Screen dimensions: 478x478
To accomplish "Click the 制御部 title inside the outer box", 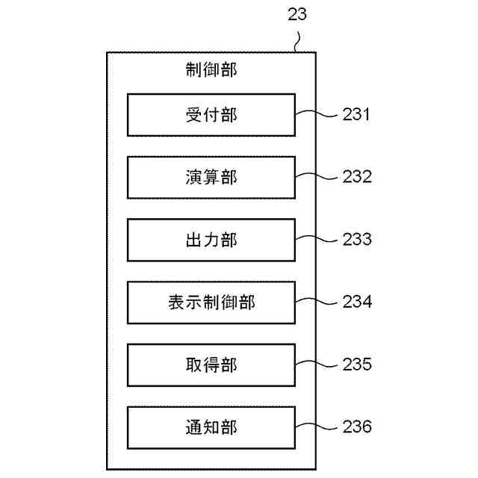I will tap(211, 71).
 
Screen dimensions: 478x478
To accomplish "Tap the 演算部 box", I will tap(211, 177).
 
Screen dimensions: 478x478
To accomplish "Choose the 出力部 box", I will tap(211, 240).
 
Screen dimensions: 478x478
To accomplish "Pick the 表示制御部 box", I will tap(211, 302).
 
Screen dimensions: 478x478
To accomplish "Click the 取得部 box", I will tap(211, 364).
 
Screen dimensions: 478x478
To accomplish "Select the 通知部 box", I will tap(211, 427).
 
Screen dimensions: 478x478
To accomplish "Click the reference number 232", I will tap(357, 177).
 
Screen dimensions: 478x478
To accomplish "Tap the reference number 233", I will tap(357, 240).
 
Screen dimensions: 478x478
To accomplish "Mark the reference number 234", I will tap(357, 302).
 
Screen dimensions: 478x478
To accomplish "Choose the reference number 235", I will tap(357, 364).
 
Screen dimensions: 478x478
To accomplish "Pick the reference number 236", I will tap(357, 427).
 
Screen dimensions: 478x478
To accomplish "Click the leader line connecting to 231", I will tap(318, 114).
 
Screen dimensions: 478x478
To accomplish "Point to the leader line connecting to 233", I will tap(318, 240).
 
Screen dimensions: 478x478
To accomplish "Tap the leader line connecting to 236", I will tap(318, 427).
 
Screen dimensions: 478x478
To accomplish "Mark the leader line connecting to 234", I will tap(318, 302).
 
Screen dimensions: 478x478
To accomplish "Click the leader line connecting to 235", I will tap(318, 364).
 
